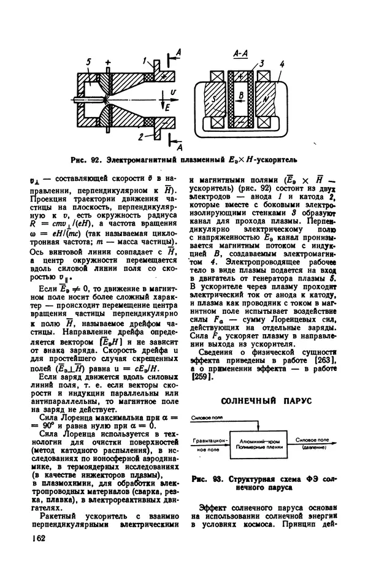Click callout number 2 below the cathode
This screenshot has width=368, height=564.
coord(141,135)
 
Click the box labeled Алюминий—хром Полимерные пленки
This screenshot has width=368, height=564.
coord(261,444)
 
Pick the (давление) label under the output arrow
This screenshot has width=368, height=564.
coord(312,448)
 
